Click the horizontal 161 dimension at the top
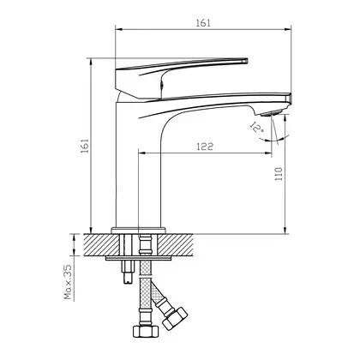point(203,23)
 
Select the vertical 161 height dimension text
point(85,146)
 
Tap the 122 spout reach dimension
point(205,147)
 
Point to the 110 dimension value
point(279,174)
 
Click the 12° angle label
point(256,127)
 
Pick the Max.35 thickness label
point(68,282)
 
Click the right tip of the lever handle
point(247,60)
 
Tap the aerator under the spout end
point(272,113)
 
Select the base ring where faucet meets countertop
point(139,231)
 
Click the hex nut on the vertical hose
point(146,331)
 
